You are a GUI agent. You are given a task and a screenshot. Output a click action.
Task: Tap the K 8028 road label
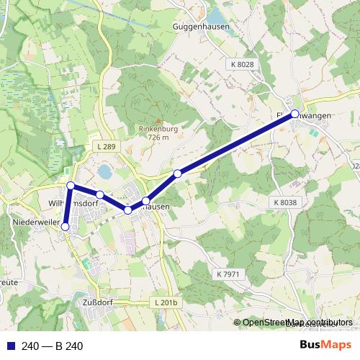(x=243, y=65)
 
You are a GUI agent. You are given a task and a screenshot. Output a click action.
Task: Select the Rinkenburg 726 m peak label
(x=158, y=133)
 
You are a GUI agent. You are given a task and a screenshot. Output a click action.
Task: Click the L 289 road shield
(x=106, y=147)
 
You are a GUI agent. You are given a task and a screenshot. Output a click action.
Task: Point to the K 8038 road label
(x=285, y=203)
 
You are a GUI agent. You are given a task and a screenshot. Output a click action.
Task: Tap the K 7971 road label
(x=228, y=274)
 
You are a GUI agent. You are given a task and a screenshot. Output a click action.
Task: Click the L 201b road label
(x=165, y=303)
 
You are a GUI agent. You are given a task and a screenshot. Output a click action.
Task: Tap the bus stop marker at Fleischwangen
(x=294, y=114)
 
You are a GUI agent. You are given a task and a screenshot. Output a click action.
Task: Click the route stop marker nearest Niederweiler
(x=65, y=227)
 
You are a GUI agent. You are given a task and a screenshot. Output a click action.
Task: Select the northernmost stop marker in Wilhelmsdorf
(x=71, y=186)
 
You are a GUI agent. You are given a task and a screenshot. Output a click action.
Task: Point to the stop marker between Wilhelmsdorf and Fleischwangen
(x=178, y=173)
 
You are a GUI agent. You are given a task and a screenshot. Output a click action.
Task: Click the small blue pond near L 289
(x=105, y=172)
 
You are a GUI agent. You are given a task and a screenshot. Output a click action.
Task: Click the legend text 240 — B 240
(x=52, y=346)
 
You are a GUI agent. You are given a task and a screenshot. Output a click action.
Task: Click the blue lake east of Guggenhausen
(x=216, y=14)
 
